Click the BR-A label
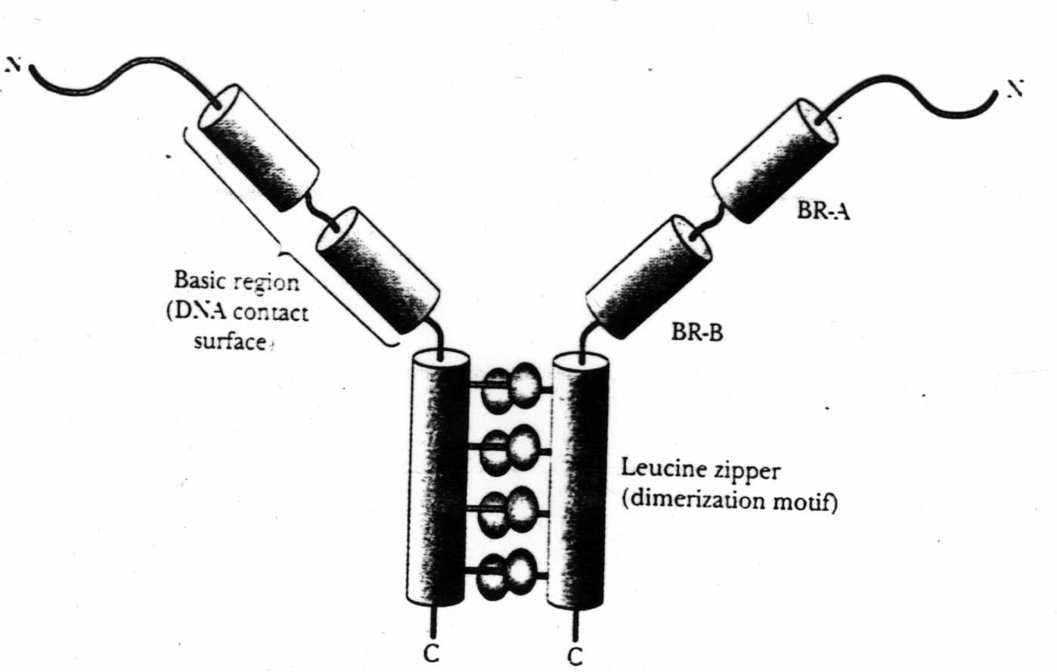click(x=823, y=211)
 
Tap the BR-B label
click(x=696, y=331)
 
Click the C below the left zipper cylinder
click(x=431, y=654)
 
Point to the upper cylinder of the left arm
click(x=257, y=147)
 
